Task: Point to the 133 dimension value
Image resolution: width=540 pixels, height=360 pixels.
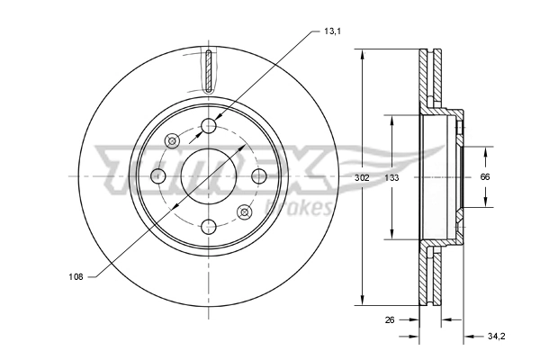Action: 391,177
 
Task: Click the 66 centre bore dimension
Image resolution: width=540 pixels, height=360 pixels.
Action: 484,177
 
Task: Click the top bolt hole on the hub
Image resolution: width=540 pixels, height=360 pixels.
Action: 209,126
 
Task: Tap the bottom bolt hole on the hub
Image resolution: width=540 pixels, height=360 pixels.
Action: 209,226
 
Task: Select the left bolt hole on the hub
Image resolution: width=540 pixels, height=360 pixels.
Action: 158,176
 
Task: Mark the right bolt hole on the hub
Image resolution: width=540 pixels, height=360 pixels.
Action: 259,176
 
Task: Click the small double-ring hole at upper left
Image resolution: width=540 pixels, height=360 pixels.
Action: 173,140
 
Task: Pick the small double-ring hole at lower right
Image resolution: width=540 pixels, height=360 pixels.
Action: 244,211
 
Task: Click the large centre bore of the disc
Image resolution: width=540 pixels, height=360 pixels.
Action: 209,176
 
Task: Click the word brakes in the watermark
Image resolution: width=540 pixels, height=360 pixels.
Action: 306,209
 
